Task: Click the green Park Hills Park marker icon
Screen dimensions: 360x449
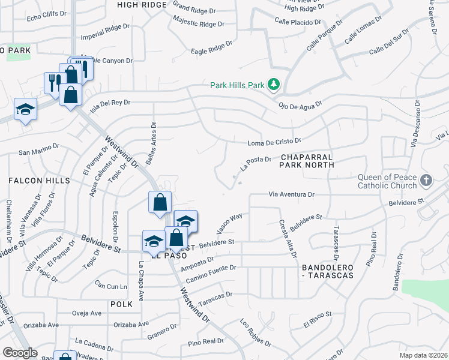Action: (274, 85)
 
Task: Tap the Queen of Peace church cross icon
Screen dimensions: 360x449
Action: (426, 181)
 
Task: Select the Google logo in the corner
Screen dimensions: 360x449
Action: (20, 353)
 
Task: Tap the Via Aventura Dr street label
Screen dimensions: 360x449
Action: (291, 195)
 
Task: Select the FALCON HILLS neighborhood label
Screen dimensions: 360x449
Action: (39, 181)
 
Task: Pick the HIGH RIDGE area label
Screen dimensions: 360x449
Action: (141, 4)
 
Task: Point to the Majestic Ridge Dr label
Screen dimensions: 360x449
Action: (198, 24)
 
